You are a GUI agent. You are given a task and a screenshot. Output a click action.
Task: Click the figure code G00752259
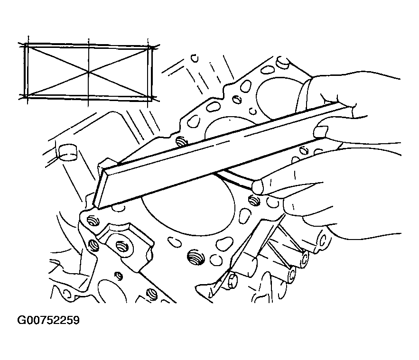click(x=48, y=320)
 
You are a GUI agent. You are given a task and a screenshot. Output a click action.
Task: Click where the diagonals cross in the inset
click(x=88, y=72)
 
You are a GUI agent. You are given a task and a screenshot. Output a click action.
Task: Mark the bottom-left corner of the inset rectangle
click(x=26, y=96)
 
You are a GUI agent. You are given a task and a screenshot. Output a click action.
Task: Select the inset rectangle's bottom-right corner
click(x=149, y=99)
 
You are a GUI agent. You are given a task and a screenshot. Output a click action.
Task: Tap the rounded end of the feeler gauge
click(x=258, y=186)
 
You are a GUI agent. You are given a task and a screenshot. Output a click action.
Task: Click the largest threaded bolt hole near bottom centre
click(x=196, y=258)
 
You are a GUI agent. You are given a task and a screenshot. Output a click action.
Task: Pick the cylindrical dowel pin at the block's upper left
click(x=67, y=152)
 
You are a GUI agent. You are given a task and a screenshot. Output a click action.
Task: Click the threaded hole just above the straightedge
click(x=182, y=141)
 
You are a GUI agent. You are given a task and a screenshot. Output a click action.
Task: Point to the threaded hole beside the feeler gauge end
click(x=255, y=200)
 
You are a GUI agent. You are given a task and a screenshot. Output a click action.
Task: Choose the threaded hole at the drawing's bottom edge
click(x=152, y=294)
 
